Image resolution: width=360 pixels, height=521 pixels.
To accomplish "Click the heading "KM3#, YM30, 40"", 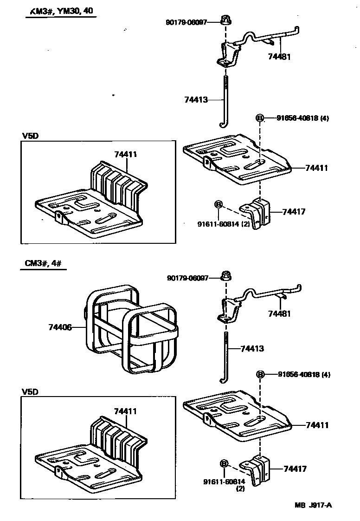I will (x=60, y=13).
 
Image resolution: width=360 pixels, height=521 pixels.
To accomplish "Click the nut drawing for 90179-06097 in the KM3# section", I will (x=227, y=20).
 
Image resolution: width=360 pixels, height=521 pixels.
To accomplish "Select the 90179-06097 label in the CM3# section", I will (x=187, y=278).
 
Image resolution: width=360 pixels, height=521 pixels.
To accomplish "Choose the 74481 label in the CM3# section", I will (x=279, y=314).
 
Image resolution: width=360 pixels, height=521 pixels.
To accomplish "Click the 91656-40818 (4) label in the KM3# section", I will (x=303, y=118).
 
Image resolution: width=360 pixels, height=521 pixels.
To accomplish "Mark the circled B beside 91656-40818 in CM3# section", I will (x=260, y=375).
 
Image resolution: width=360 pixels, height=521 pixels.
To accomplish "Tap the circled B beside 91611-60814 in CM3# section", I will (x=224, y=463).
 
